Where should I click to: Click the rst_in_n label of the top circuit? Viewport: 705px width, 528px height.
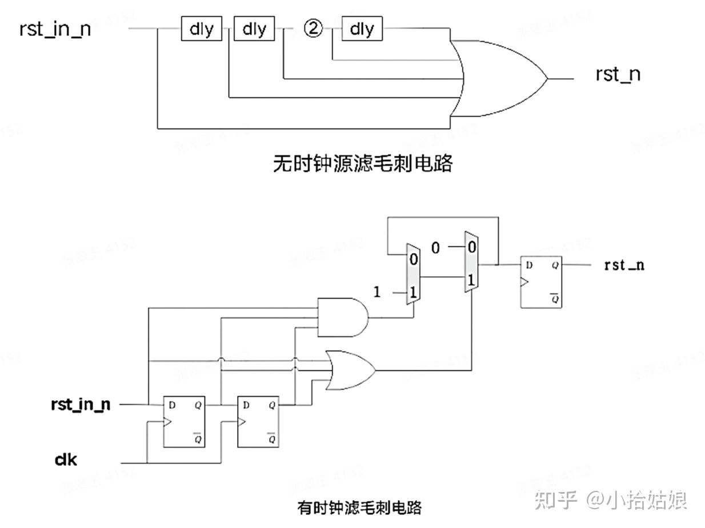(55, 29)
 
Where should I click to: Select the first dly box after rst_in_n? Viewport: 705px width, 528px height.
(201, 29)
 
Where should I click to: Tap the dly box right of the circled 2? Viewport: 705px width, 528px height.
(362, 29)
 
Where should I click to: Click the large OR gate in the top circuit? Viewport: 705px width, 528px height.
(497, 78)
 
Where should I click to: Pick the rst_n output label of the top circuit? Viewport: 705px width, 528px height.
(618, 75)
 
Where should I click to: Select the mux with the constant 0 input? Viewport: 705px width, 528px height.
(471, 263)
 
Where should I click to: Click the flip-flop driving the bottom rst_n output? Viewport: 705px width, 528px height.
(540, 282)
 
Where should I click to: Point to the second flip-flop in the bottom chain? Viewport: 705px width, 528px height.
(258, 422)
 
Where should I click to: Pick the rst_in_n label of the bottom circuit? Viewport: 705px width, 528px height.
(81, 405)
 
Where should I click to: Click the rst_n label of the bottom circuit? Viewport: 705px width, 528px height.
(624, 265)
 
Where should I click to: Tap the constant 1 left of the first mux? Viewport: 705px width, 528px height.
(376, 292)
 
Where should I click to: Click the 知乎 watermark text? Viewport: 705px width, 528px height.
(556, 501)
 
